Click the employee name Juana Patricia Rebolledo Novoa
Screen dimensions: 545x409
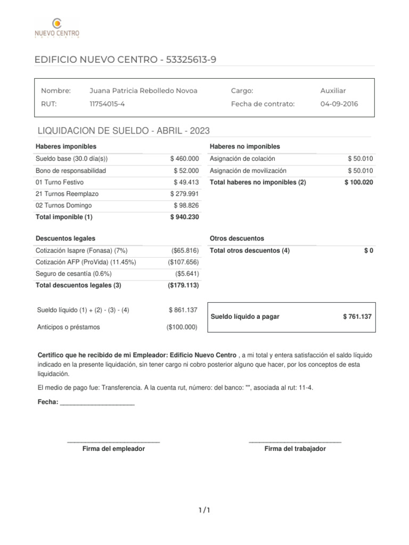coord(143,90)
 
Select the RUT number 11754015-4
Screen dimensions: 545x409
coord(107,104)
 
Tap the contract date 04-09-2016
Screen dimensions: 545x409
coord(339,104)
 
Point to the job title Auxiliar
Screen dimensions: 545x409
coord(333,90)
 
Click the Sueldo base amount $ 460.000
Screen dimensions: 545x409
coord(184,159)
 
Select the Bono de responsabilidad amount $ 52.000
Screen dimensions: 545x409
coord(186,170)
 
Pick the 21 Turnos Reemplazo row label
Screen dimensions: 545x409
coord(67,194)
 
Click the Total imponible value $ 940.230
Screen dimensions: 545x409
coord(184,217)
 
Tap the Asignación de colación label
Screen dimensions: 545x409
coord(242,159)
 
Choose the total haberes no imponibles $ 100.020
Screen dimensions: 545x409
coord(358,182)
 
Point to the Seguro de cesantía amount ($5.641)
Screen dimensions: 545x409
coord(186,274)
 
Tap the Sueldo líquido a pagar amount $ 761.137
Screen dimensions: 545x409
coord(357,317)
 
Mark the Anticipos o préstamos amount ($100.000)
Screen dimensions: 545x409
coord(182,327)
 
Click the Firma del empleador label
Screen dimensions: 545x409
coord(113,449)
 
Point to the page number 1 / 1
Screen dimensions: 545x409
coord(204,511)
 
